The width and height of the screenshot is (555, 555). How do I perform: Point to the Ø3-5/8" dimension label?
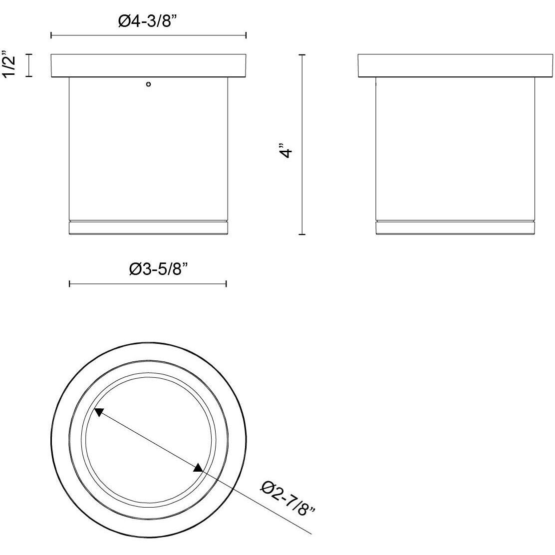[x=158, y=270]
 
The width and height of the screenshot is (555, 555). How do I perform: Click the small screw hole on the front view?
[x=148, y=84]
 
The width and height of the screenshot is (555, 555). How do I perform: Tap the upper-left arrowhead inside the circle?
[x=99, y=412]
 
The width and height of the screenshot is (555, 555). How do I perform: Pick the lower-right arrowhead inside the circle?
[x=198, y=467]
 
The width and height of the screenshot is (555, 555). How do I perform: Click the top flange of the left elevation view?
[x=149, y=66]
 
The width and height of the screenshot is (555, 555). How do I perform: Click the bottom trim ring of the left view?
[x=148, y=228]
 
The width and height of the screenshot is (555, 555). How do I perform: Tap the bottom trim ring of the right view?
[x=455, y=228]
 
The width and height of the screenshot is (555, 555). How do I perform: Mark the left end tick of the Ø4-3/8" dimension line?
[x=51, y=35]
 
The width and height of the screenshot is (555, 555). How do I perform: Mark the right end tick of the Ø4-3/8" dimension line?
[x=246, y=35]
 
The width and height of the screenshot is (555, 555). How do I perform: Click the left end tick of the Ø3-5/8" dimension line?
[x=69, y=284]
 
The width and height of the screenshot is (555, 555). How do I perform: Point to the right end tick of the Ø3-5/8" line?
[x=227, y=284]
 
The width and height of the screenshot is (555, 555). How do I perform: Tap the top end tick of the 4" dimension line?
[x=301, y=54]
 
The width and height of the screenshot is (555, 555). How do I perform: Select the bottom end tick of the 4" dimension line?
[x=301, y=234]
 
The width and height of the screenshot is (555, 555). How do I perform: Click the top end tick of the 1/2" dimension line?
[x=28, y=54]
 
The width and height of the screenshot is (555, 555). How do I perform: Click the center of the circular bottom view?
[x=149, y=440]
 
